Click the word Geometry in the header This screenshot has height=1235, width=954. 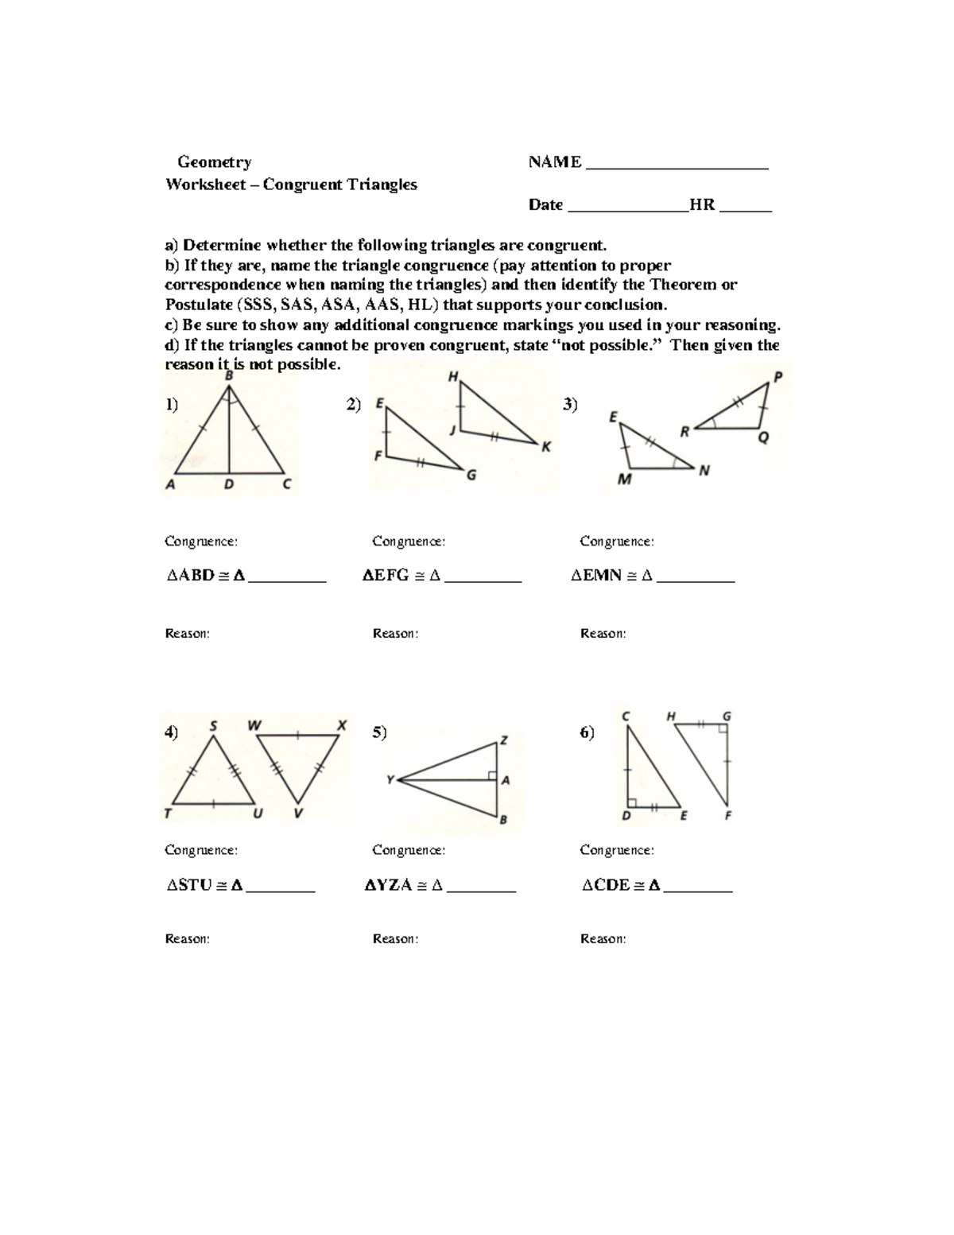(x=214, y=162)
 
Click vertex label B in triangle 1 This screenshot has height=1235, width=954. (x=229, y=375)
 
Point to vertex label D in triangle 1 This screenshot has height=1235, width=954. (x=228, y=484)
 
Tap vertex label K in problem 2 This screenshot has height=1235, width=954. (x=546, y=447)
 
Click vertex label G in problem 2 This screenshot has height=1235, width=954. (x=471, y=475)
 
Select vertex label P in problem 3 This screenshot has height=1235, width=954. (x=778, y=377)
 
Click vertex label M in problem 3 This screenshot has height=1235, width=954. (x=624, y=480)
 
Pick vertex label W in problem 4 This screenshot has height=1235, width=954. (x=254, y=725)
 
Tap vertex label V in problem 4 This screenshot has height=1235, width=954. (x=298, y=814)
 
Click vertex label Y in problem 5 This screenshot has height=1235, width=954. (x=390, y=780)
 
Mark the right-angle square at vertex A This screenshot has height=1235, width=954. (x=493, y=775)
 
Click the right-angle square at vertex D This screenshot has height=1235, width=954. (x=631, y=802)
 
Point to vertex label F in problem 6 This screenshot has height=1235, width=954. (x=728, y=816)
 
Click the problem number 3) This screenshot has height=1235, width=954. (x=570, y=404)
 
